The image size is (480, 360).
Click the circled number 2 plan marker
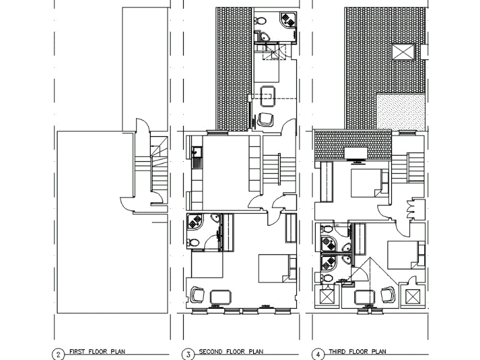(x=57, y=354)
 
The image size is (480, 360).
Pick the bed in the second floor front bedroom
(x=276, y=267)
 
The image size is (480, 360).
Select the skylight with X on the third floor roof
(x=402, y=51)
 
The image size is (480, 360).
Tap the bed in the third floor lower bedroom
(x=402, y=254)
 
